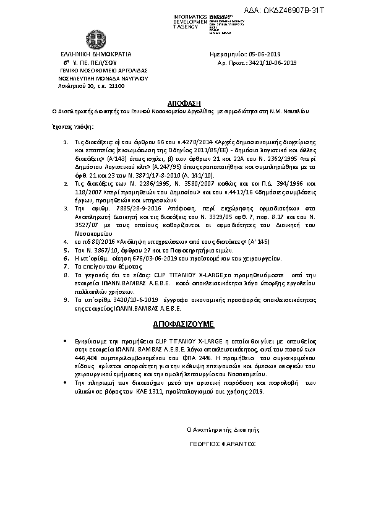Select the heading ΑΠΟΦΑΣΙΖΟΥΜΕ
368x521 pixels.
click(184, 323)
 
